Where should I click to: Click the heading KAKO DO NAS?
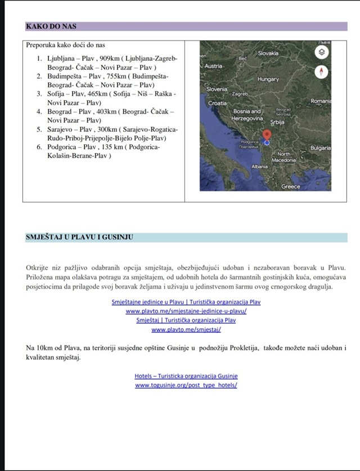51,26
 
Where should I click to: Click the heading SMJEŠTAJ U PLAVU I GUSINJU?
79,237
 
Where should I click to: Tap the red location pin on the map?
267,136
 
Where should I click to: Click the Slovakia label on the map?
268,53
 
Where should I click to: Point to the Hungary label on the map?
268,79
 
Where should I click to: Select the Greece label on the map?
291,186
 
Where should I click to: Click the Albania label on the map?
260,167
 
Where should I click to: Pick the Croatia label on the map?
218,104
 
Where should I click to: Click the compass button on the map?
321,72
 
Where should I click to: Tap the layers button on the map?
321,52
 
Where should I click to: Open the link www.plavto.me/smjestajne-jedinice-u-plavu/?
186,311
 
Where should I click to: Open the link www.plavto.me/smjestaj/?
186,329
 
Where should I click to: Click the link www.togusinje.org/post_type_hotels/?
186,385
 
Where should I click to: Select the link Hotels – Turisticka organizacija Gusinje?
186,376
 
